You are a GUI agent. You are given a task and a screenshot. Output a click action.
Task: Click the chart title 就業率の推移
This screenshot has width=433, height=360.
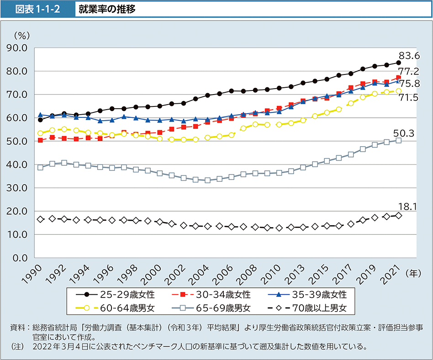(107, 10)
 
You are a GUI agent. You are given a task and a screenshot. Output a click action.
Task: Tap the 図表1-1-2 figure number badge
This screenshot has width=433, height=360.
(37, 10)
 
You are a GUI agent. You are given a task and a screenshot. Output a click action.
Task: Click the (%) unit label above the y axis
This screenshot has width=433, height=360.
(21, 35)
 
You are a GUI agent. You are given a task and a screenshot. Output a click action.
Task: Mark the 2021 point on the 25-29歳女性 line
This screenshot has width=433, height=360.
(398, 63)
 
